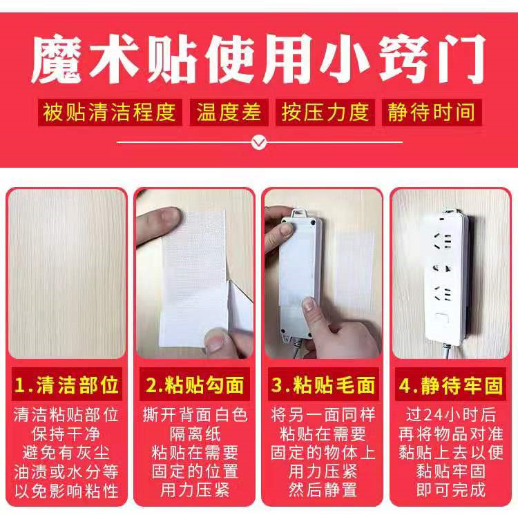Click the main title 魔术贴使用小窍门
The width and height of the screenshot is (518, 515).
(259, 61)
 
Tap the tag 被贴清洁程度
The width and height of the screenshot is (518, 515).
(111, 113)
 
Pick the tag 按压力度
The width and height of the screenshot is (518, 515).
(325, 113)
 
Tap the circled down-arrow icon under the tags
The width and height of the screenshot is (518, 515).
(258, 143)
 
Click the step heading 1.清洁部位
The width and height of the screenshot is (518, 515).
(67, 384)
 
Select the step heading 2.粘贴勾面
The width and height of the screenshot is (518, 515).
(195, 384)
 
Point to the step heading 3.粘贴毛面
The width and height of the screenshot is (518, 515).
(323, 384)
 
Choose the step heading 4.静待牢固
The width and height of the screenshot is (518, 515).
(450, 384)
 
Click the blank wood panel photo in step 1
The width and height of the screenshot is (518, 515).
(67, 273)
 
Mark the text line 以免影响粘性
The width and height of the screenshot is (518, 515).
(67, 491)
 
